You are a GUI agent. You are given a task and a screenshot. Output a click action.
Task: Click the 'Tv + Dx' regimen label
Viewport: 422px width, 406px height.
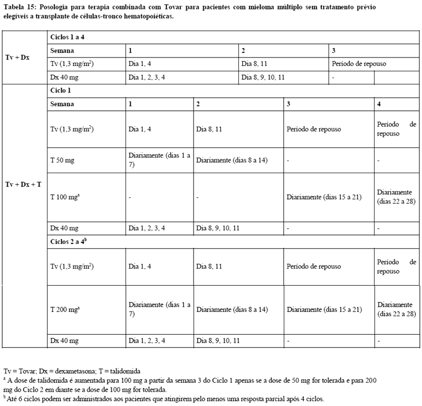17,58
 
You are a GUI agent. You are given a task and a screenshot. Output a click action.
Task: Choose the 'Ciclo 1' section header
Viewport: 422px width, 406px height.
63,91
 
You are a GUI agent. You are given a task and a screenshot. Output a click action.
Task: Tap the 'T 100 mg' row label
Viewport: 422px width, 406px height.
65,197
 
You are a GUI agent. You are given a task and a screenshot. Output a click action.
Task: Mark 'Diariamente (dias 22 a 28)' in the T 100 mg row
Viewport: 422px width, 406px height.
396,197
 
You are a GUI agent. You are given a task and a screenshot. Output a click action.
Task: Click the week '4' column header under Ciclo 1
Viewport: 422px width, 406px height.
380,104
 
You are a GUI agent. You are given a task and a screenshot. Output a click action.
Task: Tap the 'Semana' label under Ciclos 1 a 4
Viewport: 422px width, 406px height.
62,51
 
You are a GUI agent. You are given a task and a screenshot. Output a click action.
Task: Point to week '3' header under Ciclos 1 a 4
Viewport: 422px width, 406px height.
334,51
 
